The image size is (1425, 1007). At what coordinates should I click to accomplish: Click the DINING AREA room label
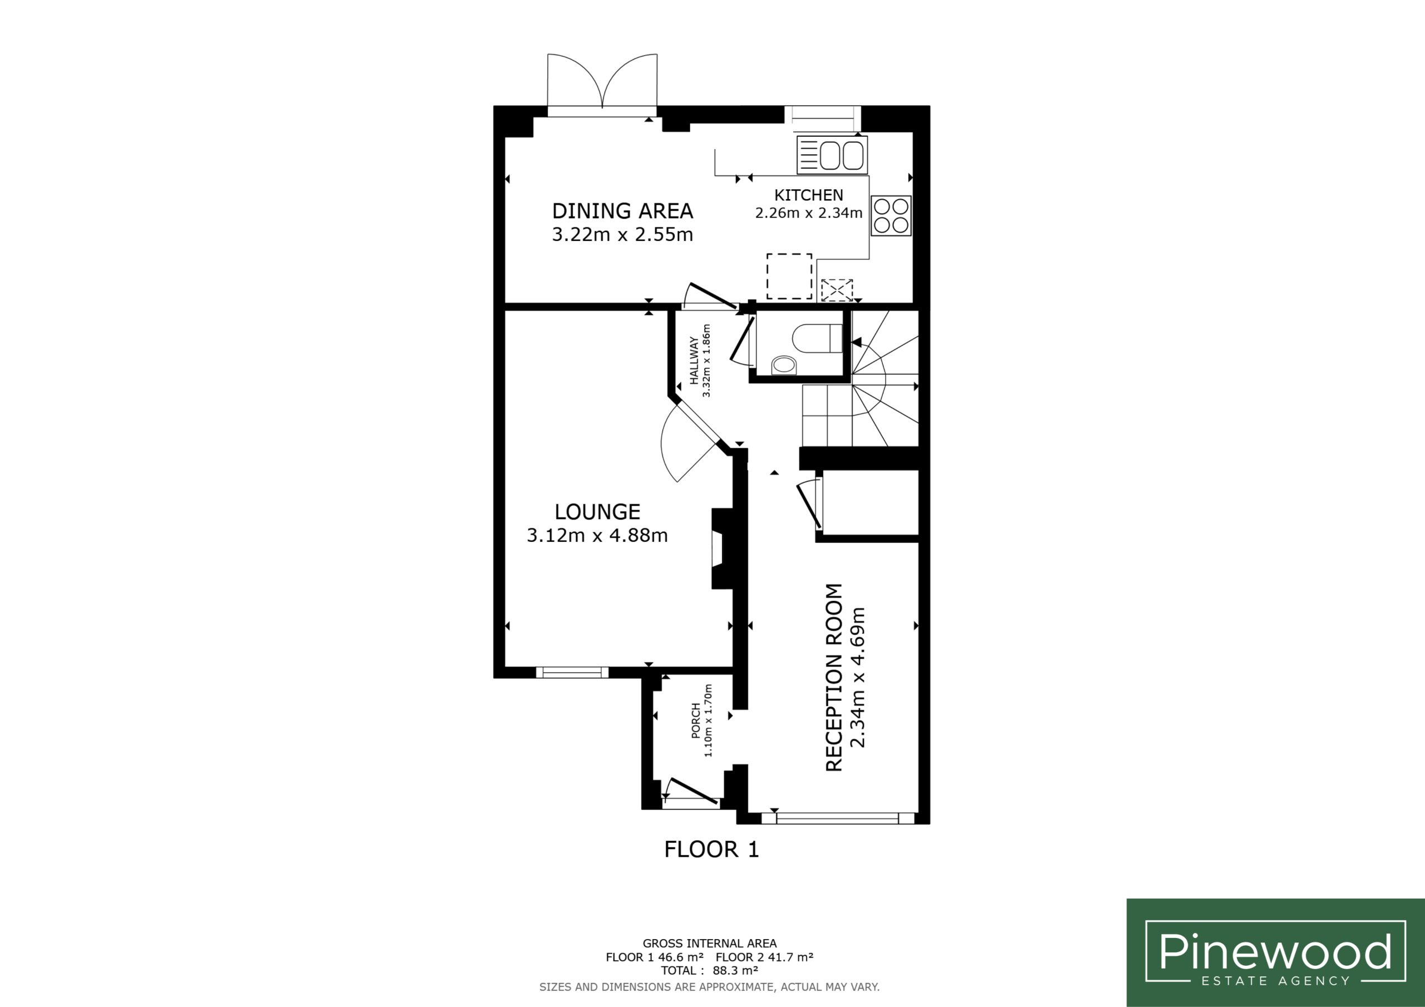point(622,211)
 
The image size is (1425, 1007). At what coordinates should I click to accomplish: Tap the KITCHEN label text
point(808,195)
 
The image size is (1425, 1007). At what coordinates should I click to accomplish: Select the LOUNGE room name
point(597,512)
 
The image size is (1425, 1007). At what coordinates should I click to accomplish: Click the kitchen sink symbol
point(832,155)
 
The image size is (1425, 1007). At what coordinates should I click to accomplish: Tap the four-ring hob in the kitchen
point(891,215)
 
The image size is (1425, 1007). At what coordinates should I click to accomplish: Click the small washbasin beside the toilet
point(784,365)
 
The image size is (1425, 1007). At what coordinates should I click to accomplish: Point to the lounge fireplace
point(723,549)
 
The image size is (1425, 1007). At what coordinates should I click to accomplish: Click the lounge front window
point(572,673)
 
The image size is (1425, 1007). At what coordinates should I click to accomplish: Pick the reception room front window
point(838,818)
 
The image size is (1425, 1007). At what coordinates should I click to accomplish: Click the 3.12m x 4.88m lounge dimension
point(597,535)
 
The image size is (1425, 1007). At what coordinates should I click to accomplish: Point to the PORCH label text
point(696,720)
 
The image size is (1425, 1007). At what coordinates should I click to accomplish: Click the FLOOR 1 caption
point(711,850)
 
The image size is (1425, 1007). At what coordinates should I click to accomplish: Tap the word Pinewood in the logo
point(1275,951)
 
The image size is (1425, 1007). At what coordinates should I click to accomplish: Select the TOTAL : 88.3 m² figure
point(709,970)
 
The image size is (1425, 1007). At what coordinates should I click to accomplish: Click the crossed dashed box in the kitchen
point(837,290)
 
